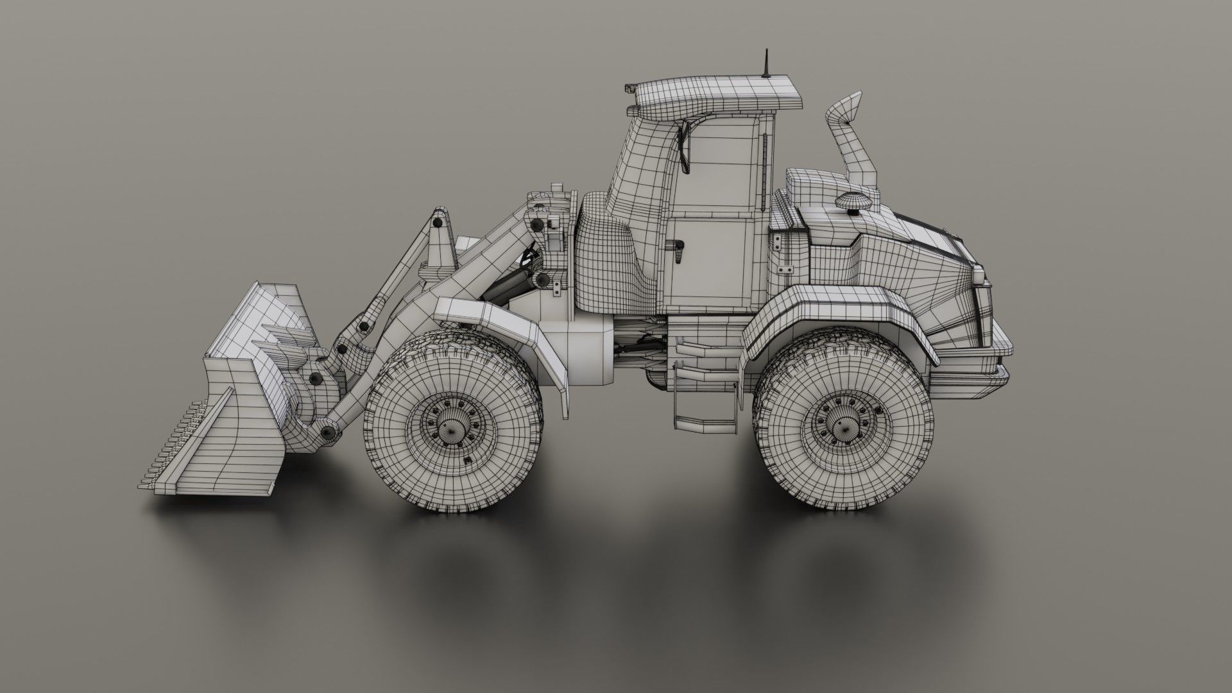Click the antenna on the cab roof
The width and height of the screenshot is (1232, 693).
coord(766,65)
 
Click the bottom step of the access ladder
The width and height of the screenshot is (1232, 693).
coord(704,424)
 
